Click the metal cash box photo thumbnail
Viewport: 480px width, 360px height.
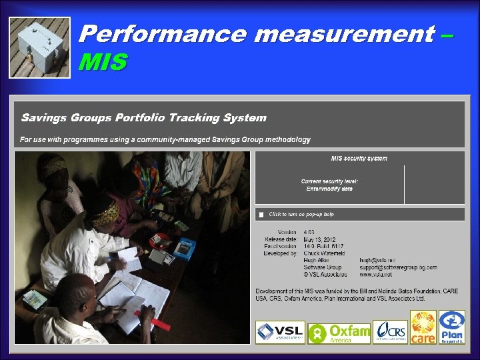39,46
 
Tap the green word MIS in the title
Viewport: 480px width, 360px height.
102,63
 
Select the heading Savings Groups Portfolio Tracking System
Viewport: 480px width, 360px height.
144,118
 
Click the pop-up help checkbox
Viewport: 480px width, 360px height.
262,215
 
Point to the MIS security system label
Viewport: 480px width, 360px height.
359,159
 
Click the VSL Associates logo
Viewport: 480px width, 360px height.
280,332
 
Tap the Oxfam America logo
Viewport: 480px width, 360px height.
339,332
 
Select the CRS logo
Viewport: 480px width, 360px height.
390,332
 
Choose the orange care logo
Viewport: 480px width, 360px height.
423,327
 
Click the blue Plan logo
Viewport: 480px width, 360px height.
451,327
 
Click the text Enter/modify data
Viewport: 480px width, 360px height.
329,189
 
